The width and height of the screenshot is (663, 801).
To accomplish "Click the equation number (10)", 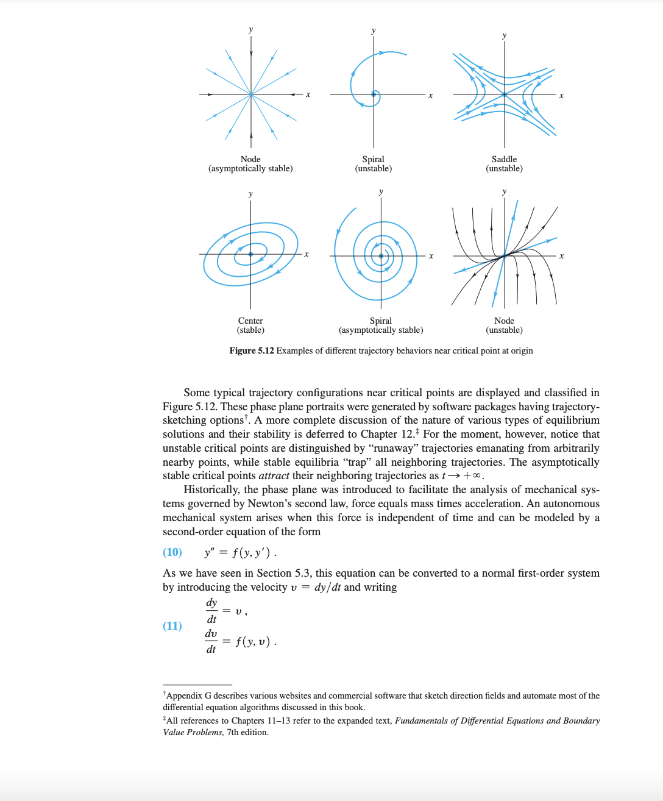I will point(172,552).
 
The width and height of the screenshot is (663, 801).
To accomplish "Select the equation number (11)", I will point(172,626).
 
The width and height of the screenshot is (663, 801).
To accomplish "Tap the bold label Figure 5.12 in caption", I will point(252,351).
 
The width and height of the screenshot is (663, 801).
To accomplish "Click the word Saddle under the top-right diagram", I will point(504,159).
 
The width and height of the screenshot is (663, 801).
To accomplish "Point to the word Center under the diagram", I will point(250,321).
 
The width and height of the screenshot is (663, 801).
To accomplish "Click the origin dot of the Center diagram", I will point(250,254).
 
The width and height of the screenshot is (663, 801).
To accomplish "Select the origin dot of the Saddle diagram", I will point(505,94).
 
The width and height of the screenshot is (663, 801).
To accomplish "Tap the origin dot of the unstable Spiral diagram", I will point(374,94).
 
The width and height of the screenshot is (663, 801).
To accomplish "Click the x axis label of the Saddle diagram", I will point(561,96).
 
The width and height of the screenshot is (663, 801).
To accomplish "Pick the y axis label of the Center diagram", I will point(250,194).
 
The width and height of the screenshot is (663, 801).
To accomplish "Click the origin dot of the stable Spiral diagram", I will point(381,256).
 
